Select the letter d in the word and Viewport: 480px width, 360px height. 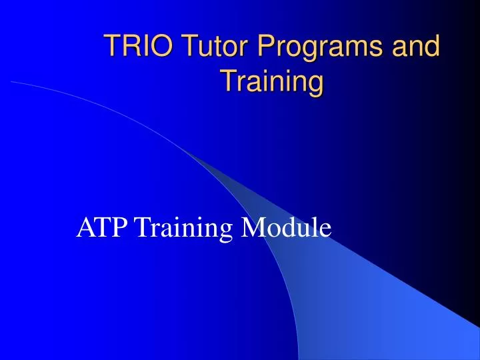(433, 48)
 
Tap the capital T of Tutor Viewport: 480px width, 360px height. (175, 48)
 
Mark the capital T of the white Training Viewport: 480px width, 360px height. (142, 227)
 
